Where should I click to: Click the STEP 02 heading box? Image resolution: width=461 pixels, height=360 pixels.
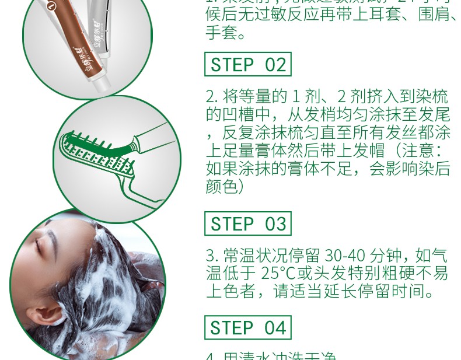tap(248, 64)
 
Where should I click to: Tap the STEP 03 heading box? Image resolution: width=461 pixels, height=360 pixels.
tap(248, 224)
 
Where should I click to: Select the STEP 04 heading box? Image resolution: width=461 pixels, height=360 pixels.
tap(248, 327)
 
